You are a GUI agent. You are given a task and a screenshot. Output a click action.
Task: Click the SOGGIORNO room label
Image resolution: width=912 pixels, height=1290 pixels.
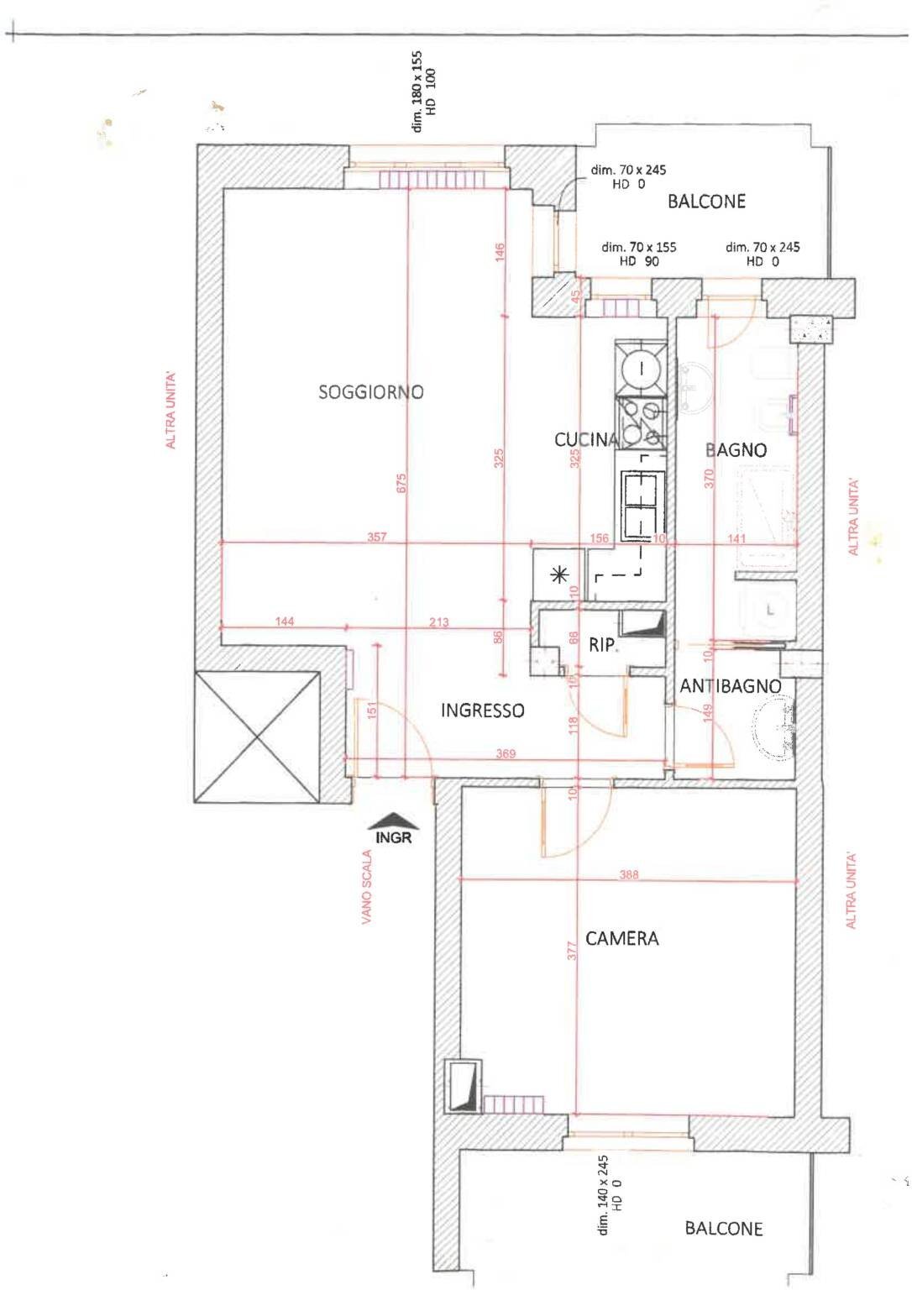point(370,391)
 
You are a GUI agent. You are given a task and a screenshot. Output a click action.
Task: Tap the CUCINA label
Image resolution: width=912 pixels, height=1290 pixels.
point(586,438)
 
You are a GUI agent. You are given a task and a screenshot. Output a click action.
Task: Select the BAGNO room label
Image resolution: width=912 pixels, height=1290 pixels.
point(736,450)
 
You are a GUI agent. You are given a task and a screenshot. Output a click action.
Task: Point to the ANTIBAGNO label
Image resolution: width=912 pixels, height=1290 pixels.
point(730,686)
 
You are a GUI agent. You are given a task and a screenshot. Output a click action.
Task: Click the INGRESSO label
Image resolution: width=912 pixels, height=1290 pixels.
point(482,711)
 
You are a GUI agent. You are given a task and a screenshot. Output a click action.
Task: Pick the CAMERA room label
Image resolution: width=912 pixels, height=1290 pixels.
point(621,938)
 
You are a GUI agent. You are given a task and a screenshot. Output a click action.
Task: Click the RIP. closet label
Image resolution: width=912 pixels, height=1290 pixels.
point(602,645)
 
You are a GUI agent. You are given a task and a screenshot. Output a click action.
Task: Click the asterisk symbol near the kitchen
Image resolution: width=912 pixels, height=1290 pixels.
point(558,574)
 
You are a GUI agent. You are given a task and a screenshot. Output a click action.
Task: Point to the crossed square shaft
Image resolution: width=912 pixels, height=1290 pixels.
point(257,737)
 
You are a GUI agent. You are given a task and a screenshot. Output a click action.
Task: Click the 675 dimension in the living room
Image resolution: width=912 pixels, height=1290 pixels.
point(401,483)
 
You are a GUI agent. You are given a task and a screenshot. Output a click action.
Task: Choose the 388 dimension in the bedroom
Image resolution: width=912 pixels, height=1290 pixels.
point(628,874)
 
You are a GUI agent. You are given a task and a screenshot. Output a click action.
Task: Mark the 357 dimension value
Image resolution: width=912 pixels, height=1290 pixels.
point(377,537)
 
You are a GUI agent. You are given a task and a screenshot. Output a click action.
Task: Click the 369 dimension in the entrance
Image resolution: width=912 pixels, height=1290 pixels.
point(505,753)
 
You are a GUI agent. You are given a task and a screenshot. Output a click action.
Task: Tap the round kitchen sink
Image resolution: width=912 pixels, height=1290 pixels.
point(640,367)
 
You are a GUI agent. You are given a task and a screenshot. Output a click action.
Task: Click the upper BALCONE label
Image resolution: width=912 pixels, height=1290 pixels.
point(706,201)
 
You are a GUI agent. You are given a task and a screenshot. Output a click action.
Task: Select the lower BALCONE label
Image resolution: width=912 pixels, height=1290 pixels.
point(723,1228)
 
